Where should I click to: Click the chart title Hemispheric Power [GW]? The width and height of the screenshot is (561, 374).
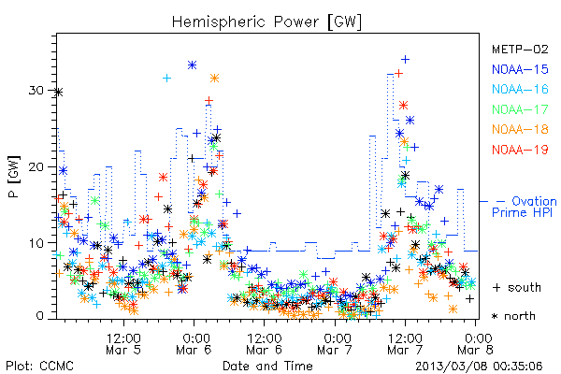pos(266,22)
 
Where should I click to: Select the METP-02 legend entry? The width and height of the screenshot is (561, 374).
pos(520,49)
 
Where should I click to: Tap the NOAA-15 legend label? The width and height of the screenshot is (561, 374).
pos(520,69)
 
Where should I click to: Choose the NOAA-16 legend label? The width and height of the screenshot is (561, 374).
pos(520,89)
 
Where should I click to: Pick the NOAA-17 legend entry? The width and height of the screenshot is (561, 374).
pos(520,109)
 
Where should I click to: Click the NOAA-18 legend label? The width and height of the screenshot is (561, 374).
pos(520,129)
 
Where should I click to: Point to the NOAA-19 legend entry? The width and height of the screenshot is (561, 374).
pos(520,150)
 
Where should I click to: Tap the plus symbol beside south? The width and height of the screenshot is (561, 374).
pos(496,288)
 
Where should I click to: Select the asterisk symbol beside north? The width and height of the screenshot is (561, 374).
pos(495,316)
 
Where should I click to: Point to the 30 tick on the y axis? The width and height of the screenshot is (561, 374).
pos(36,90)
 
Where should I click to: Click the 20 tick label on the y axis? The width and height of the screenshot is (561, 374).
pos(36,166)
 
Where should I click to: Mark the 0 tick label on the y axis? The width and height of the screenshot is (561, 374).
pos(39,316)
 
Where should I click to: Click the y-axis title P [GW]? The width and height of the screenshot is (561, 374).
pos(14,177)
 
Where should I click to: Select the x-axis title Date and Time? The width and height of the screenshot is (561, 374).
pos(267,366)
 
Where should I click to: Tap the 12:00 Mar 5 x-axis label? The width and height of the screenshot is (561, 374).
pos(123,344)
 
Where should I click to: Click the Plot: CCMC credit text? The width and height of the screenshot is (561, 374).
pos(39,367)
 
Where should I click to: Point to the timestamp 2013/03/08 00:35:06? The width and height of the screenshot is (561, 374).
pos(479,367)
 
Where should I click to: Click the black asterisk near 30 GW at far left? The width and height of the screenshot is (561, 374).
pos(59,93)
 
